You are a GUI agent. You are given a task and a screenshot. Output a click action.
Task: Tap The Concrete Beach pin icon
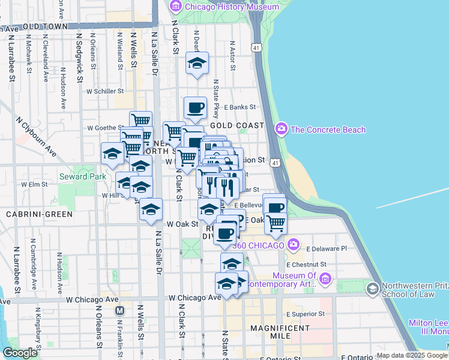[x=281, y=130]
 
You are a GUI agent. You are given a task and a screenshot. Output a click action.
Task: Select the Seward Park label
[x=82, y=176]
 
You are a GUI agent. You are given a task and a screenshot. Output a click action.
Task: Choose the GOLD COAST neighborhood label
[x=237, y=125]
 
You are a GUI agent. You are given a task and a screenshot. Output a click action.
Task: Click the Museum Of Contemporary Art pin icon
[x=325, y=278]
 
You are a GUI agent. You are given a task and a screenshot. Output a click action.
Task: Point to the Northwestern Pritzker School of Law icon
[x=372, y=290]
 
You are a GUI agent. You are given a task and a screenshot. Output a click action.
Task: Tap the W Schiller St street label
[x=104, y=92]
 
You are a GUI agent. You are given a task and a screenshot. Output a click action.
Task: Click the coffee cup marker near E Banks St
[x=195, y=108]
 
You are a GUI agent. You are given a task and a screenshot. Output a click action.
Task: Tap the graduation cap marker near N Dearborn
[x=197, y=63]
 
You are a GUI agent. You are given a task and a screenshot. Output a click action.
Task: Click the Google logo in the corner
[x=20, y=353]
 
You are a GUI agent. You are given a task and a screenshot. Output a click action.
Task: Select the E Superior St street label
[x=305, y=314]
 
